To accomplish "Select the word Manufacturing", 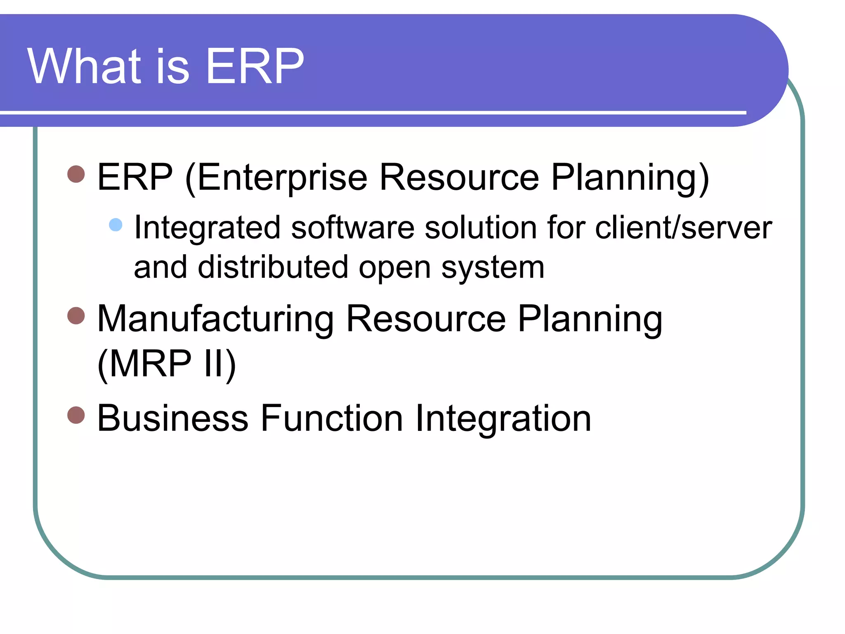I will [215, 319].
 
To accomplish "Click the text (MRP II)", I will [167, 363].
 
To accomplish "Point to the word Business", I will [172, 419].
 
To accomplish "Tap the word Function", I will [332, 419].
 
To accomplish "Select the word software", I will [353, 228].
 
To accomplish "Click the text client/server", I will [683, 228].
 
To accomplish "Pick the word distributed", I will [273, 267].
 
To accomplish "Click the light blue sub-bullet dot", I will [116, 225].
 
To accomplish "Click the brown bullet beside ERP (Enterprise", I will [76, 174].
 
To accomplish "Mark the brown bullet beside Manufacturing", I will [76, 316].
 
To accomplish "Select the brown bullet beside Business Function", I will [76, 415].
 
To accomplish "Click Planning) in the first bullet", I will [630, 177].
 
